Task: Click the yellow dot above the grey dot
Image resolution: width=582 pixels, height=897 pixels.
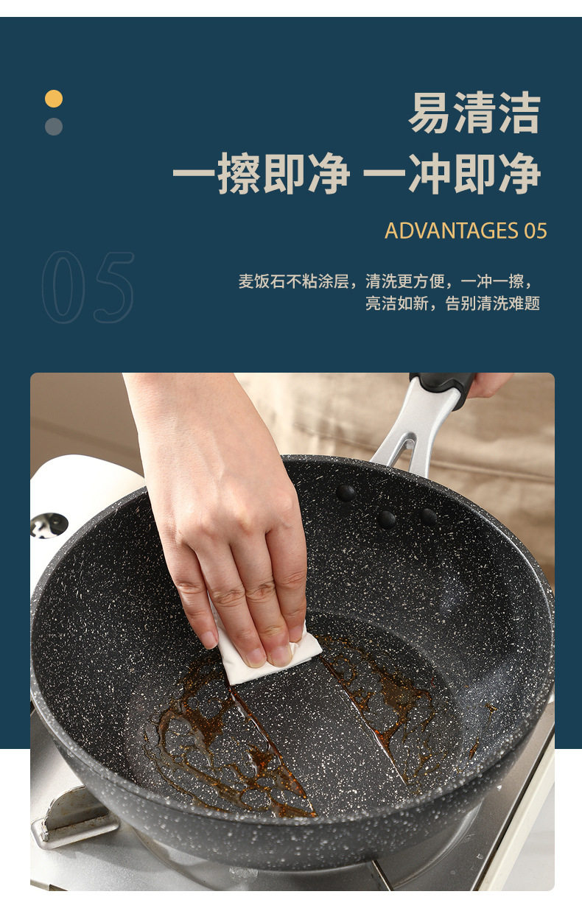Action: (54, 99)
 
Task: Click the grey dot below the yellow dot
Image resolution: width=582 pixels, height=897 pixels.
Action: (54, 127)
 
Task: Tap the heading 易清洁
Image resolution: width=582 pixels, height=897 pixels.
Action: (474, 113)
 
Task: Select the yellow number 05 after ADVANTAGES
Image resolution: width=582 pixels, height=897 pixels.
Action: (536, 231)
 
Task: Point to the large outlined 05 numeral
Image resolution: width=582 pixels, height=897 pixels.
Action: (88, 287)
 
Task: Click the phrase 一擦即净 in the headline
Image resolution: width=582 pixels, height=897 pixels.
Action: (261, 175)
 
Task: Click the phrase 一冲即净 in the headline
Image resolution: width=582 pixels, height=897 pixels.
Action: (452, 175)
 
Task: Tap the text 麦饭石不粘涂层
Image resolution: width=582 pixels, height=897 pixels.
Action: (293, 281)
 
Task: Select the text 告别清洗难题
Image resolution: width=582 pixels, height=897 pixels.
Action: (493, 303)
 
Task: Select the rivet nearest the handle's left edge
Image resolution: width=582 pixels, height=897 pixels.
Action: (345, 492)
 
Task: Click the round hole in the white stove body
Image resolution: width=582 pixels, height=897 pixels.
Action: (49, 524)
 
